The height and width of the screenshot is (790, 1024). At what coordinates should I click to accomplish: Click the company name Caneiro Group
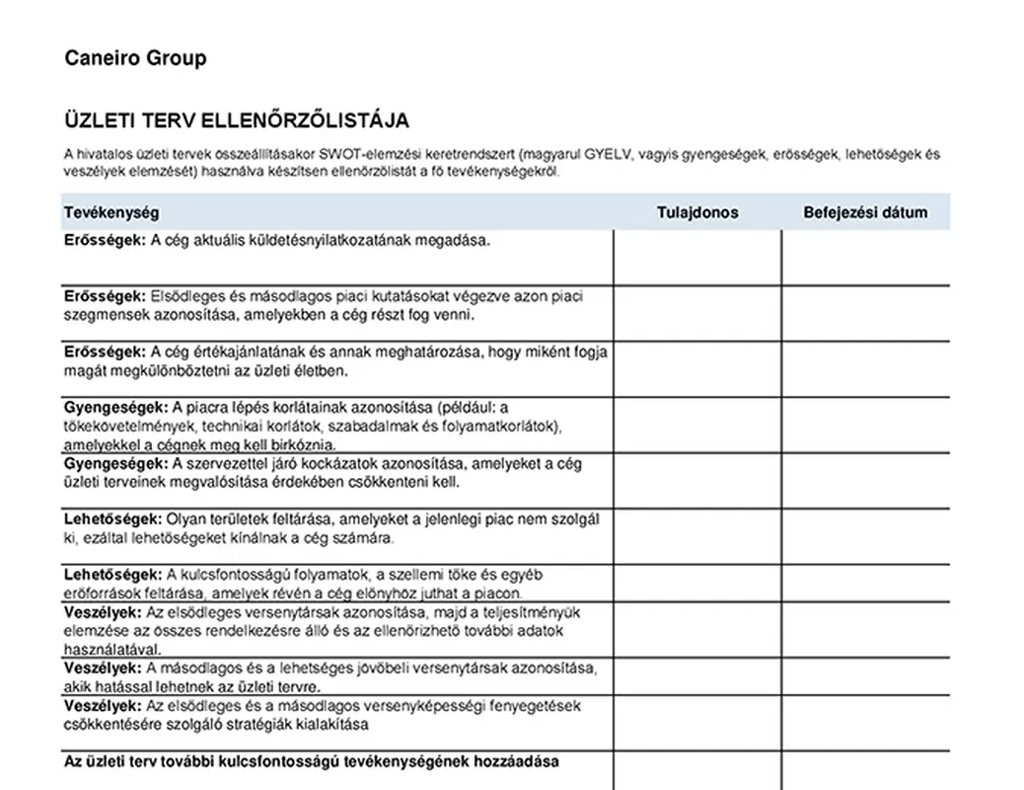(x=135, y=58)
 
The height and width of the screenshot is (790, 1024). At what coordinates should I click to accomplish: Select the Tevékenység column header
(x=111, y=212)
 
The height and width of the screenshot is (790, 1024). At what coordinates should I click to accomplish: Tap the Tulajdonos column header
(x=697, y=212)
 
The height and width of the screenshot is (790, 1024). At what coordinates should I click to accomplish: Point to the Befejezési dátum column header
(x=865, y=212)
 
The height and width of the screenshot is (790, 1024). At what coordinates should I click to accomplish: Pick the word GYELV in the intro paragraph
(x=608, y=154)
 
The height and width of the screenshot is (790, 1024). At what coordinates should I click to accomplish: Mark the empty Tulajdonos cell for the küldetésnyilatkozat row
(x=697, y=257)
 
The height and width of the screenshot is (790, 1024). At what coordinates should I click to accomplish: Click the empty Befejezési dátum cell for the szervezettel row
(x=865, y=480)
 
